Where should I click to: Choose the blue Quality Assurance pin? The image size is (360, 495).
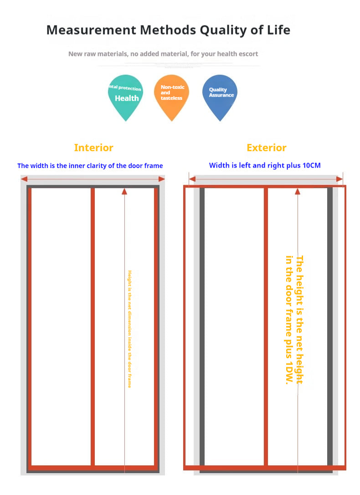point(220,94)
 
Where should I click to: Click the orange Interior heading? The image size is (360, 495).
point(93,148)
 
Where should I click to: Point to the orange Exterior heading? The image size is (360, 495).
point(267,148)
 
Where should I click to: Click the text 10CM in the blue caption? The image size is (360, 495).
point(311,165)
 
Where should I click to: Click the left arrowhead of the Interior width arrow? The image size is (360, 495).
point(24,179)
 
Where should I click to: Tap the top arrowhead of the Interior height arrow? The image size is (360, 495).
point(124,191)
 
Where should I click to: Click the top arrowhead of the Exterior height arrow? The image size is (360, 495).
point(298,191)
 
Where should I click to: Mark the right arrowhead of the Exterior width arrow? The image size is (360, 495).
point(339,179)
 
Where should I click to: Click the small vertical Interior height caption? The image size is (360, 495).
point(129,329)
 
